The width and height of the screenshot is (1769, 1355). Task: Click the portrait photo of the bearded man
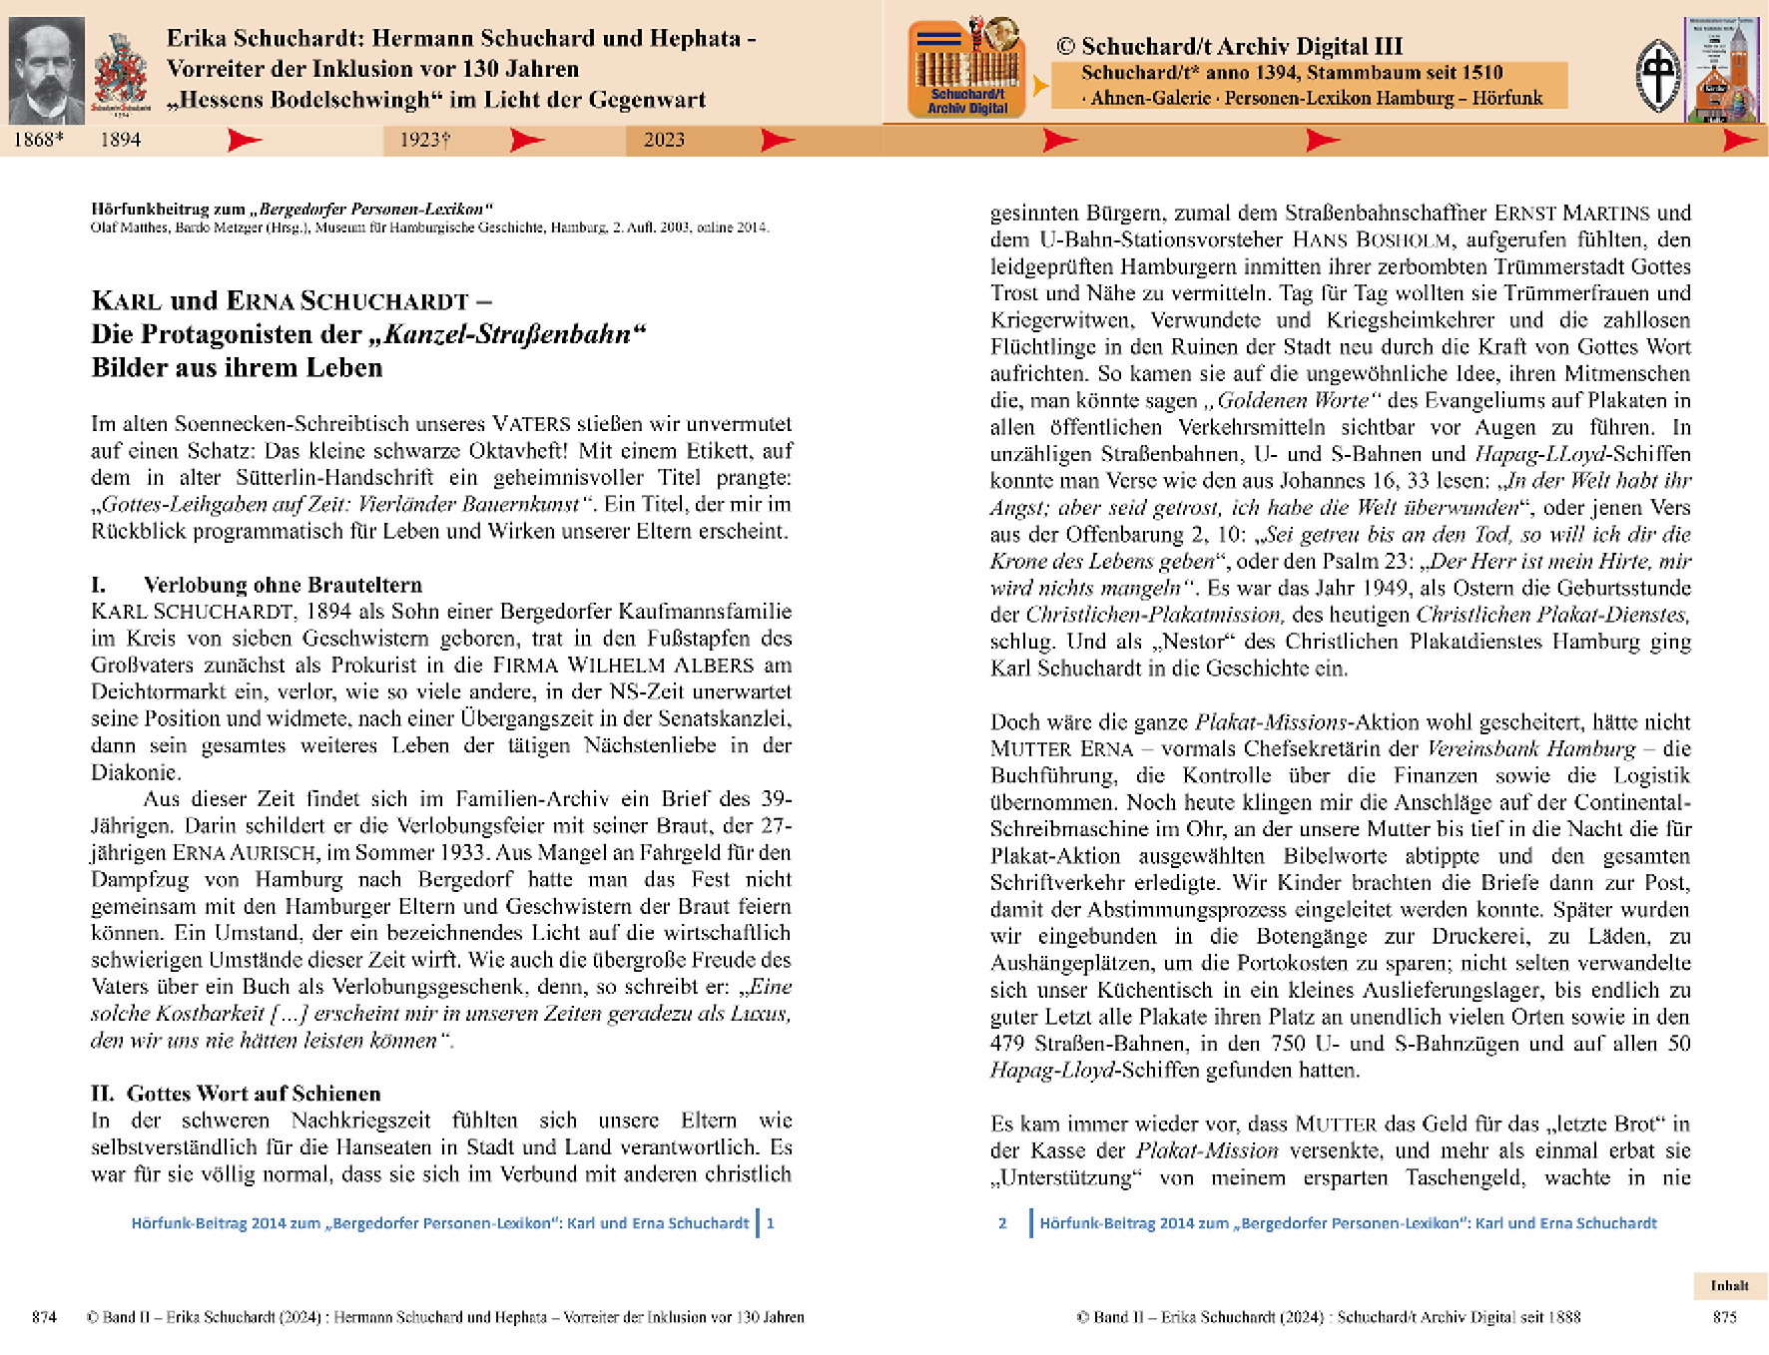click(46, 70)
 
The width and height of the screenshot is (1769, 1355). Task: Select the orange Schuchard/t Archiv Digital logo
click(966, 69)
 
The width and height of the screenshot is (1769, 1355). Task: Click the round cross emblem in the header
click(1657, 75)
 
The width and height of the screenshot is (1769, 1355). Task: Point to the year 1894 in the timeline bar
click(120, 140)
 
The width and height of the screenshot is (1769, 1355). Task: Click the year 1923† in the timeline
click(424, 140)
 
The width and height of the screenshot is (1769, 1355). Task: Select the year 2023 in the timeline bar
click(664, 140)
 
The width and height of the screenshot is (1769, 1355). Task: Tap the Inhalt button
click(1729, 1285)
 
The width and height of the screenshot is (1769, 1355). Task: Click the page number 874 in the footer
click(44, 1317)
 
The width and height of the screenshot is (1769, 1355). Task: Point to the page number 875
click(1724, 1317)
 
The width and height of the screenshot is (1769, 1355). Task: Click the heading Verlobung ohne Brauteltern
click(283, 585)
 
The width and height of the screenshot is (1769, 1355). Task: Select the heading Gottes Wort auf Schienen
click(254, 1094)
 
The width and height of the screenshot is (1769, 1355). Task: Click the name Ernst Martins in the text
click(1571, 214)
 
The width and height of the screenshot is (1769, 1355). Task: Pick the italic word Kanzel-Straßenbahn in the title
click(507, 334)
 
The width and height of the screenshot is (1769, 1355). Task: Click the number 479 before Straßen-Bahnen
click(1007, 1044)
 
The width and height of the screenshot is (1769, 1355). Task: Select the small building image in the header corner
click(1721, 70)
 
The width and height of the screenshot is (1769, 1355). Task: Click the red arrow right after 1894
click(244, 140)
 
